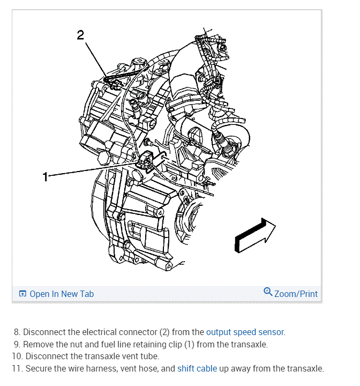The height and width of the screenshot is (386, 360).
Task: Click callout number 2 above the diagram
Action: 80,35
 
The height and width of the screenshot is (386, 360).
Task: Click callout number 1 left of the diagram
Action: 46,177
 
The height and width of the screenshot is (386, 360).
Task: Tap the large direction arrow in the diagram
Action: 255,235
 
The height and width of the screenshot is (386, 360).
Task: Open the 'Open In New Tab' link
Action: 61,294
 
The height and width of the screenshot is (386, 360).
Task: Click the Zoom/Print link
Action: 296,294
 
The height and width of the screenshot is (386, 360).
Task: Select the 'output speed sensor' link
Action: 245,332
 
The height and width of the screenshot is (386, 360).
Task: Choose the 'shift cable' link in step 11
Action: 197,368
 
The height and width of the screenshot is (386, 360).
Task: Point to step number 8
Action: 17,332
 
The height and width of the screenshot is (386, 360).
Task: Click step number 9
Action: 17,344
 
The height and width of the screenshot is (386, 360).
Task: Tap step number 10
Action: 16,356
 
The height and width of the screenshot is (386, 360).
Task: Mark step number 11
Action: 16,368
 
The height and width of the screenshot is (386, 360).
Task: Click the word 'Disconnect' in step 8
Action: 44,332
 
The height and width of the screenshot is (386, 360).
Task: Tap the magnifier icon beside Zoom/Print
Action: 268,292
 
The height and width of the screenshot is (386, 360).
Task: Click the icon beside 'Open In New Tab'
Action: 22,294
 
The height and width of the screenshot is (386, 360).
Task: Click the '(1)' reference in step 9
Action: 189,344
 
